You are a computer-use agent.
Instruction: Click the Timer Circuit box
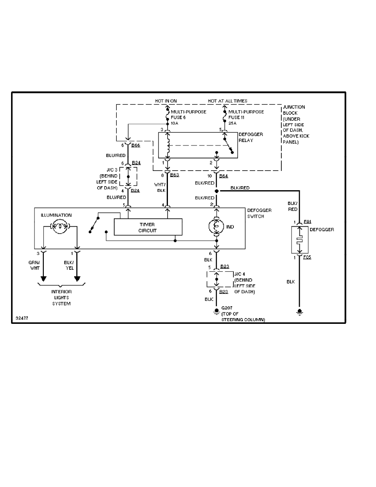tap(148, 227)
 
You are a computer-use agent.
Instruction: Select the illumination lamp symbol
tap(60, 226)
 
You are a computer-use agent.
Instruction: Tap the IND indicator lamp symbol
tap(216, 226)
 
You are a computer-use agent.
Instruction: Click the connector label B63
tap(175, 175)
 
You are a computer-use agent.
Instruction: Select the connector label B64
tap(224, 175)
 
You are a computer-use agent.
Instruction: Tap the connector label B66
tap(136, 145)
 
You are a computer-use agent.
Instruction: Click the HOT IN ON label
tap(166, 101)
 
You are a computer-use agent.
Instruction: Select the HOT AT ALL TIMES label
tap(227, 101)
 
